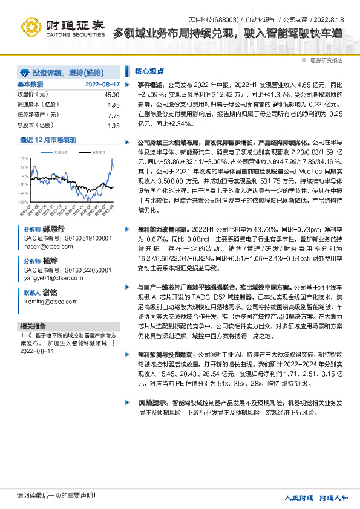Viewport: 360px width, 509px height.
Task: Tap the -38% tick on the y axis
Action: point(24,201)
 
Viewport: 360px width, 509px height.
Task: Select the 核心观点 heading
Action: point(148,71)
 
